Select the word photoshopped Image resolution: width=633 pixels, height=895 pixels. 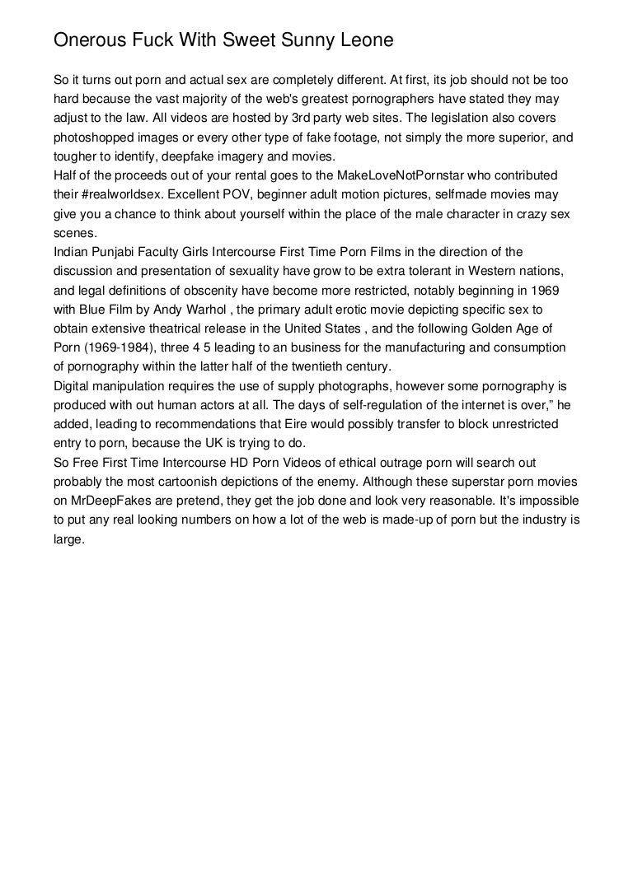pyautogui.click(x=88, y=138)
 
